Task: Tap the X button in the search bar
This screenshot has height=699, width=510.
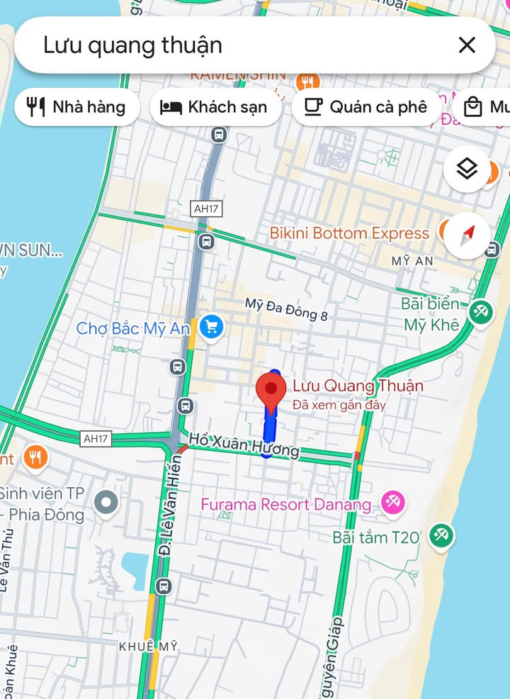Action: [467, 45]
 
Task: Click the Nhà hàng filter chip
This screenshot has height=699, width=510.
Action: [76, 107]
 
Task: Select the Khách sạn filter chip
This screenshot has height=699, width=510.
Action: [215, 107]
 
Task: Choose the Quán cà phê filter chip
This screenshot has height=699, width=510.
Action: [366, 107]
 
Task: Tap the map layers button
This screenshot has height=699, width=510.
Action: [466, 169]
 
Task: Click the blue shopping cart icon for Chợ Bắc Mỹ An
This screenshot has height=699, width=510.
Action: [211, 327]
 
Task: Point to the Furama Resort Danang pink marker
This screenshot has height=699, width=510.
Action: [392, 503]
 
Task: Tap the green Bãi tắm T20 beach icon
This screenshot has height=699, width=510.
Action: [441, 536]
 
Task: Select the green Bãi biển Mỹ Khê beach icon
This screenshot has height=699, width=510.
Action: [481, 312]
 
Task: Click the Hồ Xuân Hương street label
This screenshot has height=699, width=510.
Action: [244, 444]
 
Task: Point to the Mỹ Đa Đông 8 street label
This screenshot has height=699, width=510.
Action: [286, 310]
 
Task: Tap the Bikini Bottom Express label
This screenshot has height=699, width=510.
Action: [349, 233]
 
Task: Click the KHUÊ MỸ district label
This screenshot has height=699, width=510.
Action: [148, 647]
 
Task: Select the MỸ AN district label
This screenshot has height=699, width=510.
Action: [412, 261]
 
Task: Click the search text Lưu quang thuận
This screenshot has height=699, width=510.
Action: [132, 45]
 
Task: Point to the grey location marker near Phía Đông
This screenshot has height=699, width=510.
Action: [107, 503]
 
